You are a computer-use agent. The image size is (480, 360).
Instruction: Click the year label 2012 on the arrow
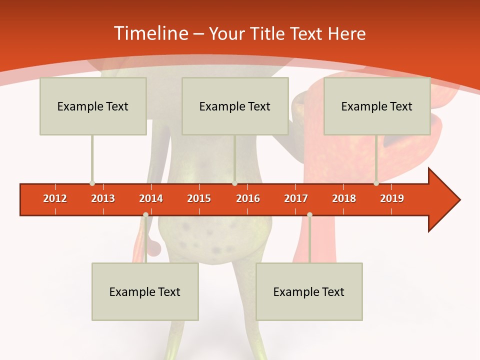55,198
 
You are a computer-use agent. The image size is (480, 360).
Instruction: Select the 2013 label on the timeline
103,198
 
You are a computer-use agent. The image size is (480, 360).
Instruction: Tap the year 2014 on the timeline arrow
151,198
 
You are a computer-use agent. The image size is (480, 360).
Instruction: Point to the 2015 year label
199,198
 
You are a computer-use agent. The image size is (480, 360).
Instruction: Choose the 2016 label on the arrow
248,198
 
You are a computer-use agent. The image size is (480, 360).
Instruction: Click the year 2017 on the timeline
296,198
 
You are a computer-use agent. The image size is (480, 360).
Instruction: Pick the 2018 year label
344,198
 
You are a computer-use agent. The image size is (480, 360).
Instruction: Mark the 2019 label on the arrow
392,198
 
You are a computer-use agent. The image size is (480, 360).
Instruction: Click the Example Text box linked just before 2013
93,106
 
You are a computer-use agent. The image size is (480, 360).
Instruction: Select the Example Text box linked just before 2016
235,106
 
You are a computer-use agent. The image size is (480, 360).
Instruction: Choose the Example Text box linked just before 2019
377,106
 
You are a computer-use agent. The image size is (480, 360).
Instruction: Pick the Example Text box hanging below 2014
145,291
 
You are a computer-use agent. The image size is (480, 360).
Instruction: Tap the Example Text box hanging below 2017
309,291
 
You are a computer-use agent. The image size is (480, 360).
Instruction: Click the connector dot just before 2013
92,183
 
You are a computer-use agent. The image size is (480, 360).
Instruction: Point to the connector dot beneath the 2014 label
145,215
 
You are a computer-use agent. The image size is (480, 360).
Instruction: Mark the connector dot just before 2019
376,183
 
